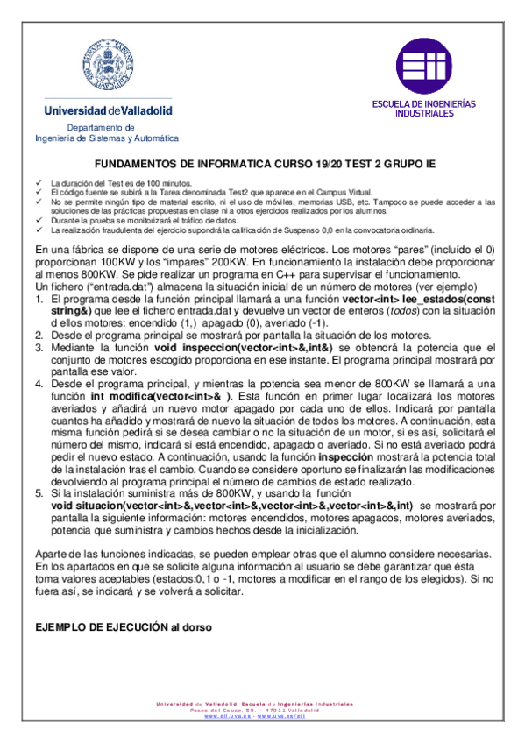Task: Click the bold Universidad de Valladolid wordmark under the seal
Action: tap(109, 111)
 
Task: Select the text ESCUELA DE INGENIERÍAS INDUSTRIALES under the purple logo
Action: tap(424, 108)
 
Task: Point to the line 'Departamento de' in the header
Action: tap(108, 128)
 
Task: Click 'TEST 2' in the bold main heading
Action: tap(358, 164)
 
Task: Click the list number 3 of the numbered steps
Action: tap(39, 347)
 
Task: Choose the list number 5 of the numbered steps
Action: tap(39, 493)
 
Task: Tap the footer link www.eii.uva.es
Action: tap(228, 716)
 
